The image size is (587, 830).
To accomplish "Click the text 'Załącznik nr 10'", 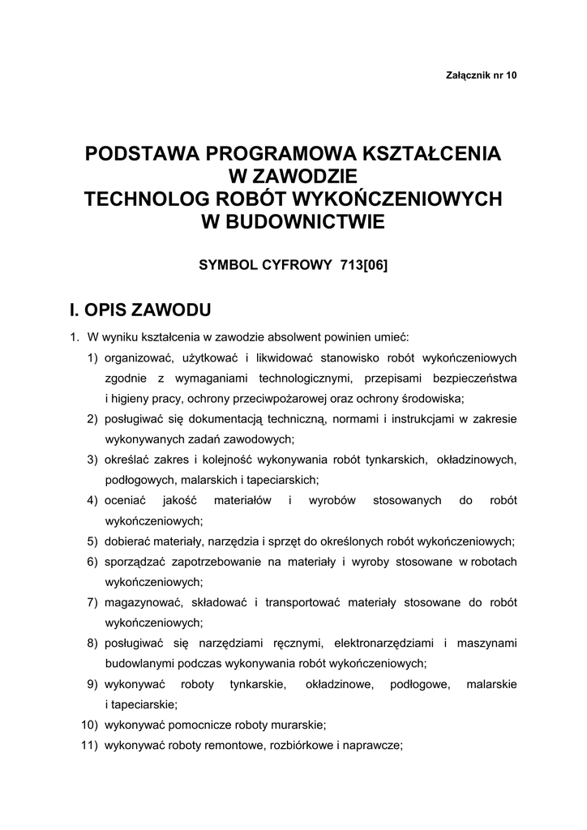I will coord(481,75).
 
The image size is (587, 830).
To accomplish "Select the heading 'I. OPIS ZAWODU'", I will coord(141,310).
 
